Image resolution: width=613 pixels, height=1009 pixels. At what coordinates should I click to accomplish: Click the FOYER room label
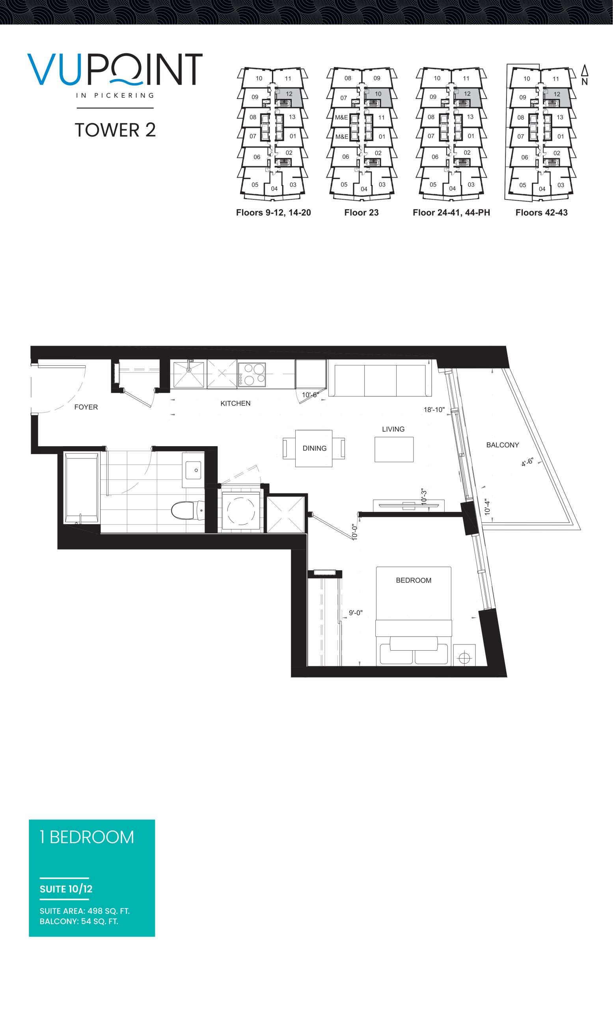[x=86, y=407]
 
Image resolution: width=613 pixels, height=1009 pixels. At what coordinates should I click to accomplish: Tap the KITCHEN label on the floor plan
[x=235, y=403]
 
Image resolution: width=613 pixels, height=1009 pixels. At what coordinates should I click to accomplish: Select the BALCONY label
[x=503, y=445]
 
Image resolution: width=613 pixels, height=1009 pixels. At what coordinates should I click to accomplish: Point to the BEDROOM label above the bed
[x=414, y=580]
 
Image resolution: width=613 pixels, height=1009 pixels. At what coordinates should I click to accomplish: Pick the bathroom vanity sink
[x=193, y=470]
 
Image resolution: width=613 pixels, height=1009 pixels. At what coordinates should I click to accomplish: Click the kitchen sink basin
[x=189, y=374]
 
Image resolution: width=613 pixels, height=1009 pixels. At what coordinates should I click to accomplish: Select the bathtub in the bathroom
[x=82, y=488]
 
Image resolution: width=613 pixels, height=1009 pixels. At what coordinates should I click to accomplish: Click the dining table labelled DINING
[x=314, y=449]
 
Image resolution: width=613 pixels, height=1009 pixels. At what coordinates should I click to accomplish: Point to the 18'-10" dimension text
[x=434, y=410]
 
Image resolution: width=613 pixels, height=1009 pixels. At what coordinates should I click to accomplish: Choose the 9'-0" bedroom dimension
[x=356, y=613]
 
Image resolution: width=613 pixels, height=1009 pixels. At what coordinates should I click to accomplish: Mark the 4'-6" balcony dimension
[x=527, y=462]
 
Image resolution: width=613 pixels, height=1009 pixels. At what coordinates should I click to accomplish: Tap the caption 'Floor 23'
[x=361, y=212]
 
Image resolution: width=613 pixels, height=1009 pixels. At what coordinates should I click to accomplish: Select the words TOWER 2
[x=115, y=130]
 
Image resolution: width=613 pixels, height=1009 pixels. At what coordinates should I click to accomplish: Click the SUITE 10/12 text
[x=66, y=889]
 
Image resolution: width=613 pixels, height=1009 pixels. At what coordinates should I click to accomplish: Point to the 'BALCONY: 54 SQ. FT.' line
[x=79, y=922]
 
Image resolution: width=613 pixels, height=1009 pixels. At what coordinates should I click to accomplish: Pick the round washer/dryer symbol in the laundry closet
[x=241, y=511]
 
